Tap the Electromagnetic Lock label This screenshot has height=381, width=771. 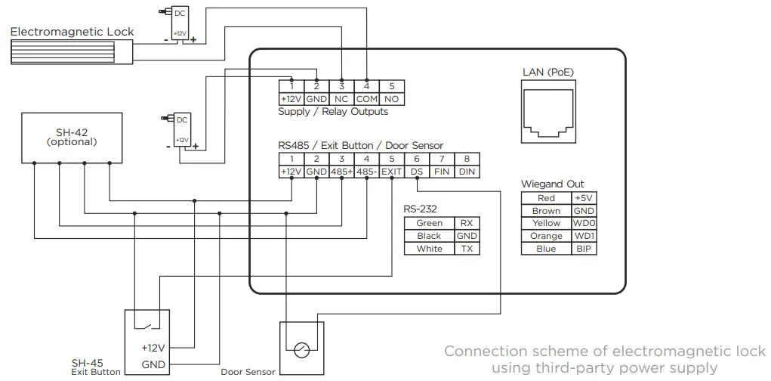click(72, 32)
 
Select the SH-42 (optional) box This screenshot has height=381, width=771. click(72, 137)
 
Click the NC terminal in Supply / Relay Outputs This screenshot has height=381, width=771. click(341, 99)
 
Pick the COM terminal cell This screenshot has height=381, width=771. click(367, 99)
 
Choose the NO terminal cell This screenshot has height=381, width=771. click(391, 99)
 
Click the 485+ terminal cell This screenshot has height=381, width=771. click(341, 172)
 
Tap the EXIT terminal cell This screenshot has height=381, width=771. click(391, 172)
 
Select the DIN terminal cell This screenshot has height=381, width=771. click(467, 172)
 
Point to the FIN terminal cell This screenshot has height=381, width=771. click(442, 172)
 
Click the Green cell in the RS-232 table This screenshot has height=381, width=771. click(429, 223)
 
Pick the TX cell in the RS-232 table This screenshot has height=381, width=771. click(467, 249)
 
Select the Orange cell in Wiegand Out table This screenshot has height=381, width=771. click(546, 236)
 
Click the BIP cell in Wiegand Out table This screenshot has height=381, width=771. click(584, 249)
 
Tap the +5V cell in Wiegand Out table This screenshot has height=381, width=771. click(584, 198)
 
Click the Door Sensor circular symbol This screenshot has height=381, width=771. click(302, 349)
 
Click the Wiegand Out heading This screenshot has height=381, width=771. click(552, 184)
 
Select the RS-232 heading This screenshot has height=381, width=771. click(421, 209)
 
